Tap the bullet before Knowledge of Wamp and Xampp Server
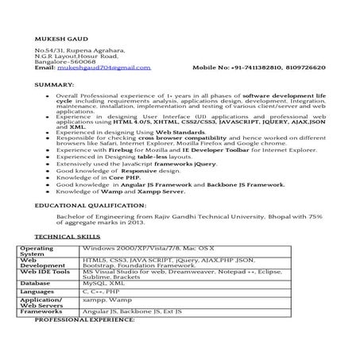[x=50, y=191]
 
